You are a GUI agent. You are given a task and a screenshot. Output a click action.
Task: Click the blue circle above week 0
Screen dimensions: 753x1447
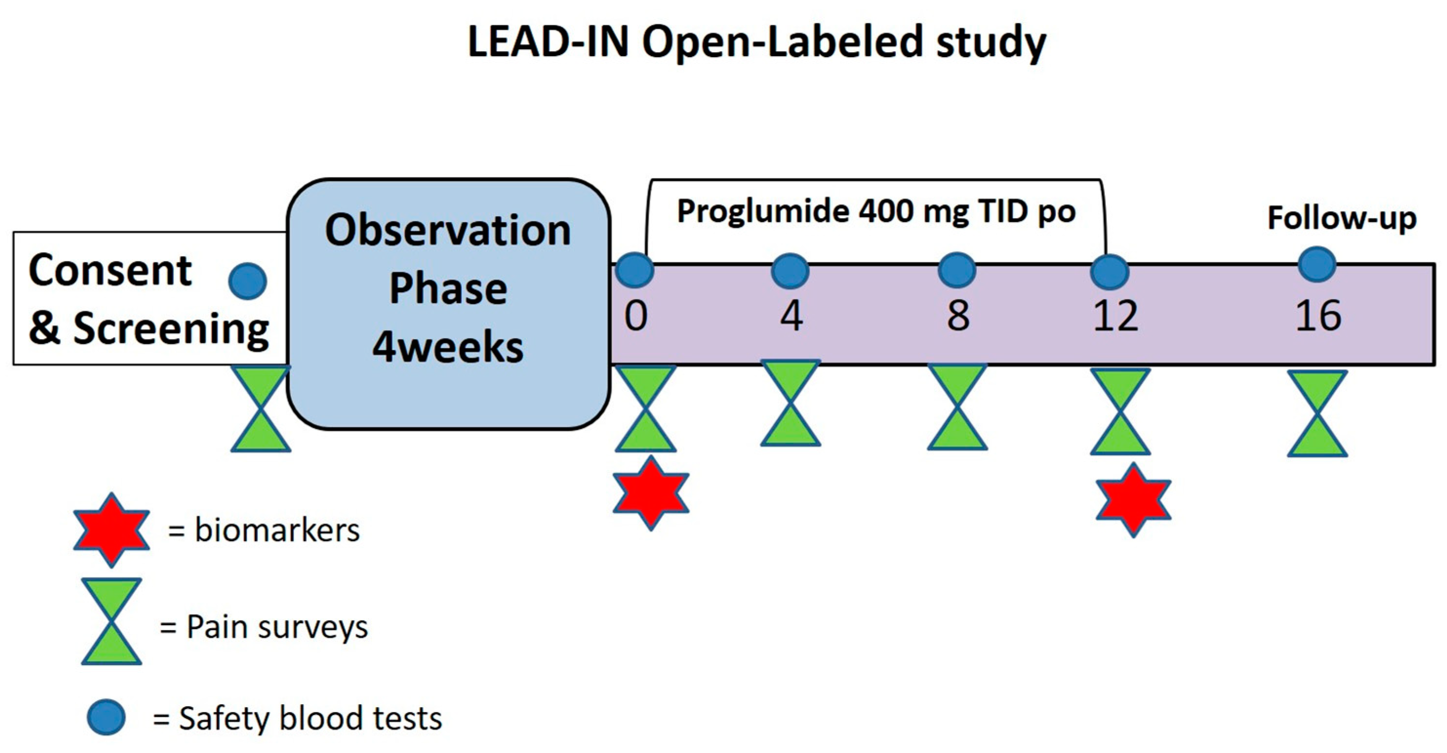click(635, 270)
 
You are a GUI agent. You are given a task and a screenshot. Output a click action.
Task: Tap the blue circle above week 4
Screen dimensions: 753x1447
click(790, 271)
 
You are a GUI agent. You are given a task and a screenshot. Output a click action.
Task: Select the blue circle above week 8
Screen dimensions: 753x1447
click(957, 270)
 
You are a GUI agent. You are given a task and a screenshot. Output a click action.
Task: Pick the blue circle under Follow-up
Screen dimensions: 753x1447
click(1317, 264)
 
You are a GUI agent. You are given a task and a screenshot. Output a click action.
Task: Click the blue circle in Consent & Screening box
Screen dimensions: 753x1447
click(248, 281)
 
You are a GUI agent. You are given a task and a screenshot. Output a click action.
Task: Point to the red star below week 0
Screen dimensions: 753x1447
click(650, 494)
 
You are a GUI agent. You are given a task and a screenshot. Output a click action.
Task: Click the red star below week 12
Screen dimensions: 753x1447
click(1134, 500)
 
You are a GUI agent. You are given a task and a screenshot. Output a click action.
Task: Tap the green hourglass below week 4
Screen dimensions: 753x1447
click(790, 403)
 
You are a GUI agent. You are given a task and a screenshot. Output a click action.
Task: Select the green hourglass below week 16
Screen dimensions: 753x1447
click(1317, 413)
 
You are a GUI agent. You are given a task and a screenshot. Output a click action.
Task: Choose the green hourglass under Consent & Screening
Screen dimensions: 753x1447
click(261, 409)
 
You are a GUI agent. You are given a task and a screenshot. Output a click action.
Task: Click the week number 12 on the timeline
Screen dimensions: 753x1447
click(1116, 316)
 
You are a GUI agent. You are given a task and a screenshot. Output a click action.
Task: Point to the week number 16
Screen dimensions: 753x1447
click(1318, 316)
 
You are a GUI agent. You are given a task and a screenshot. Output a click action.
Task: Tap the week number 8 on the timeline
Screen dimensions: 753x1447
click(958, 316)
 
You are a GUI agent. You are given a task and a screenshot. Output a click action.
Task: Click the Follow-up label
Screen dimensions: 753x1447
click(1342, 218)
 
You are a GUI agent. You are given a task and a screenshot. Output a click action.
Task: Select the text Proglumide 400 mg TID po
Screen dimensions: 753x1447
click(876, 212)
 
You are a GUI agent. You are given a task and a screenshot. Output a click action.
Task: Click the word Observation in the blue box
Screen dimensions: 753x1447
click(448, 230)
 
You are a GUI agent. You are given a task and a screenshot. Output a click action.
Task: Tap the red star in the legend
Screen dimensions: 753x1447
click(111, 530)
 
